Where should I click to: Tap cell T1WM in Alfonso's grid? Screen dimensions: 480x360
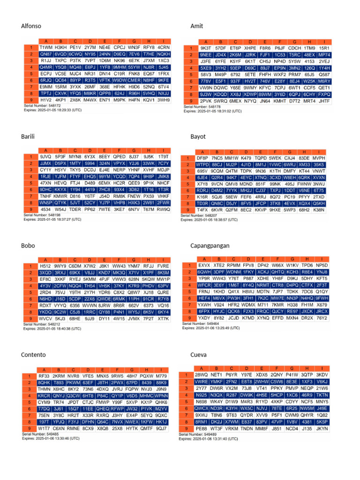pyautogui.click(x=46, y=48)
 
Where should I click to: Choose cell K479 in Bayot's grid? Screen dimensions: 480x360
pyautogui.click(x=246, y=158)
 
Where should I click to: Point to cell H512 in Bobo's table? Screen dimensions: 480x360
pyautogui.click(x=45, y=266)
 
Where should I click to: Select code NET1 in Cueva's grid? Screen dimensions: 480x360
pyautogui.click(x=217, y=375)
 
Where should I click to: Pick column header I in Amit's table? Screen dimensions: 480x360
pyautogui.click(x=324, y=42)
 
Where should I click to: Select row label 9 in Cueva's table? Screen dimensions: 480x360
pyautogui.click(x=186, y=428)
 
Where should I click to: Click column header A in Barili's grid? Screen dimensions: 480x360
pyautogui.click(x=46, y=150)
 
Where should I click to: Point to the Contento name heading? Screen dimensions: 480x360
pyautogui.click(x=33, y=354)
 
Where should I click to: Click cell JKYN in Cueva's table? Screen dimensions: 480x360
pyautogui.click(x=322, y=428)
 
